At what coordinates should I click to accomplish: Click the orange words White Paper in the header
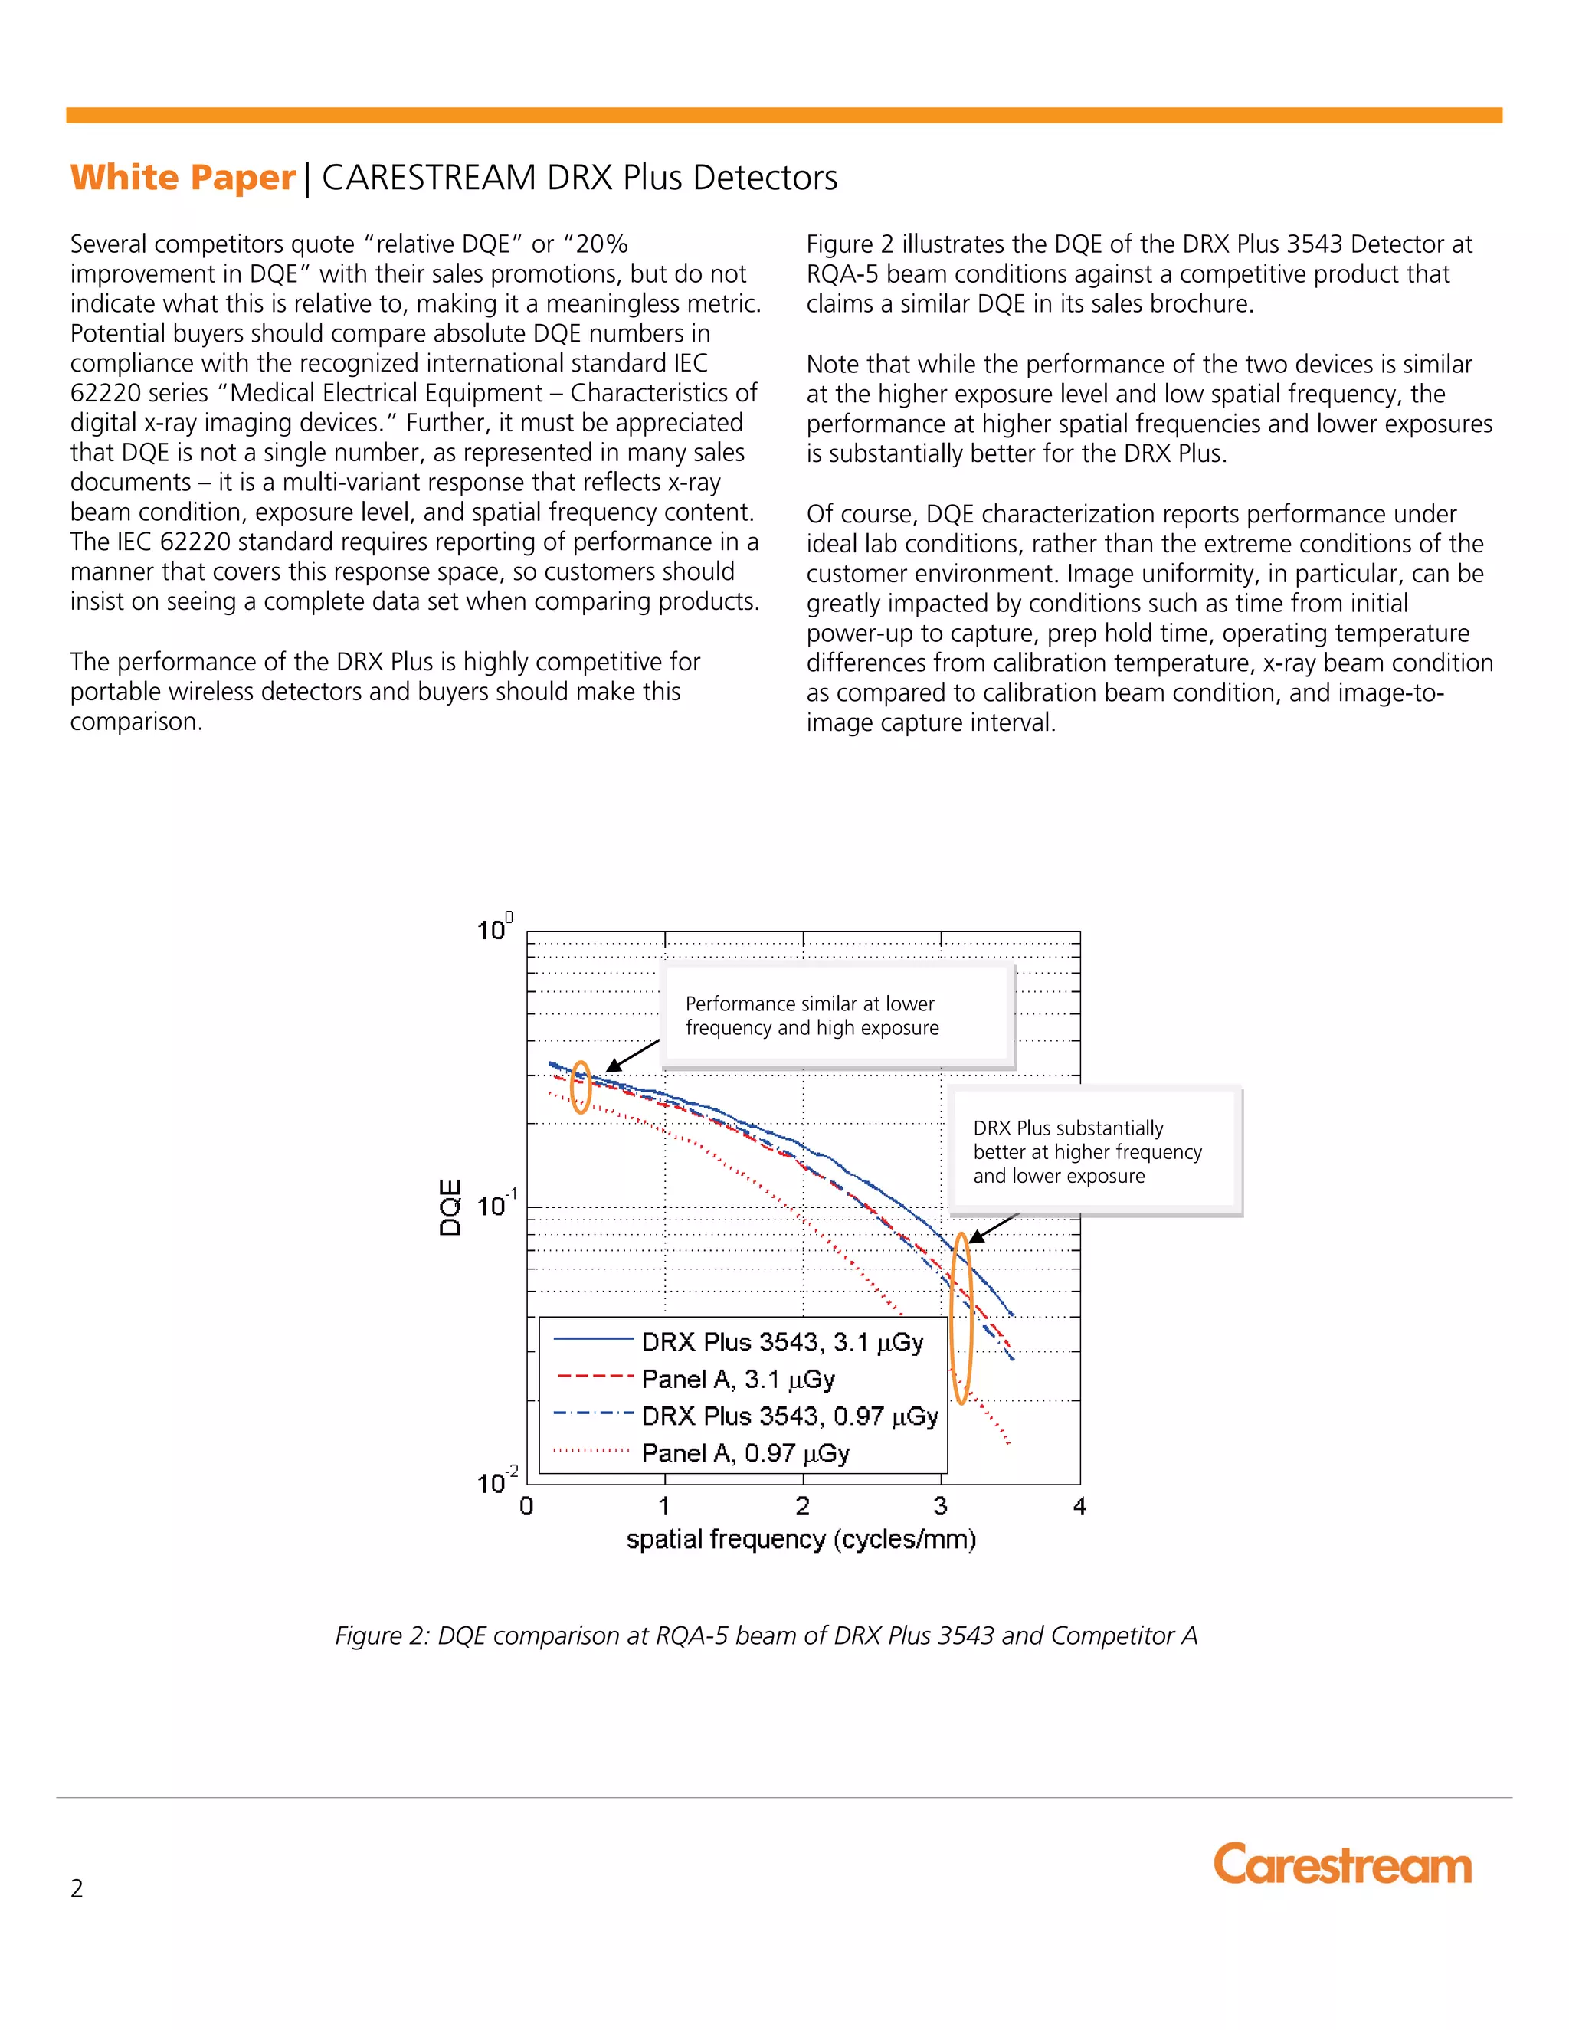point(182,178)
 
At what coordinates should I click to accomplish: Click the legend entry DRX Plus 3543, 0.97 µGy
point(789,1416)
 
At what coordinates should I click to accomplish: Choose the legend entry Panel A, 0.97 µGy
point(745,1452)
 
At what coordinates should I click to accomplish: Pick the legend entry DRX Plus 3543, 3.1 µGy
point(781,1342)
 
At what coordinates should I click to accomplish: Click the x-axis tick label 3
point(941,1506)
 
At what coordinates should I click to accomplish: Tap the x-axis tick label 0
point(527,1506)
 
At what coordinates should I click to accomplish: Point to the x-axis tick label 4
point(1079,1506)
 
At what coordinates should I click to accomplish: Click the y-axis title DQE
point(450,1207)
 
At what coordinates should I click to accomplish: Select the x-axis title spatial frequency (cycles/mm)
point(801,1539)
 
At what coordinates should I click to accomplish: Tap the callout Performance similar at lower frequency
point(811,1016)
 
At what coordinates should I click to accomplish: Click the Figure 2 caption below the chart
point(766,1635)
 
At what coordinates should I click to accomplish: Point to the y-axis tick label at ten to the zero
point(493,929)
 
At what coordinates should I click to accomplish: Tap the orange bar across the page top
point(784,115)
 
